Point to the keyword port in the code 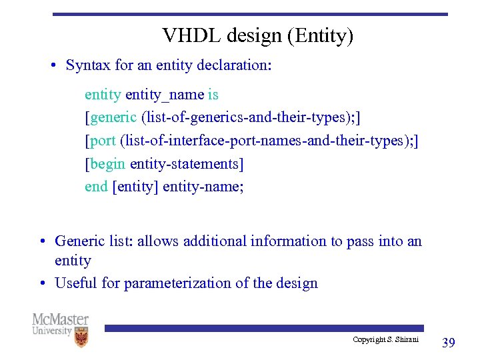pos(103,141)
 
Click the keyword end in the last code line pos(96,187)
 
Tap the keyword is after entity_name pos(213,95)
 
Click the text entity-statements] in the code pos(187,164)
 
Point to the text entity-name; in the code pos(203,187)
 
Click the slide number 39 pos(449,343)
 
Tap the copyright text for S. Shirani pos(385,340)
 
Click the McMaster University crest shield pos(81,337)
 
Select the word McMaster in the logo pos(60,319)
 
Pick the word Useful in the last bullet pos(76,283)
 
